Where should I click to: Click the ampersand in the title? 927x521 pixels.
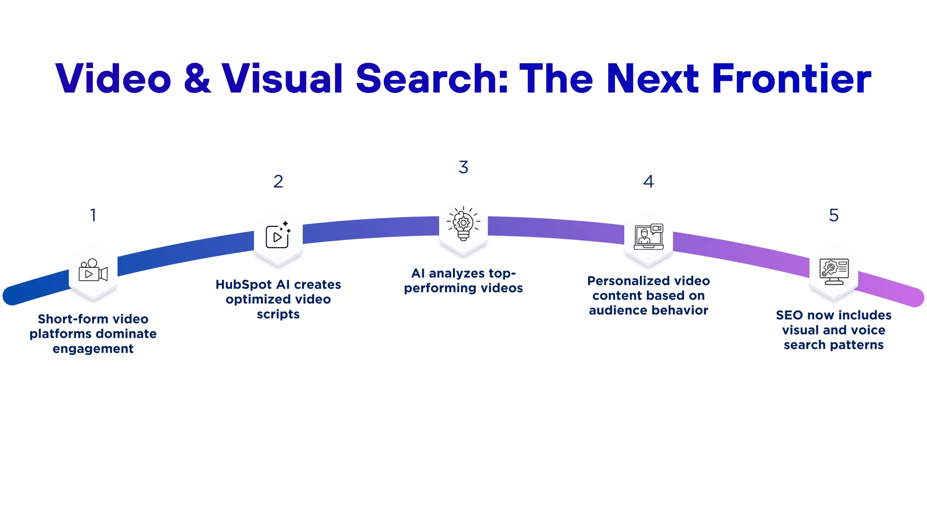(197, 79)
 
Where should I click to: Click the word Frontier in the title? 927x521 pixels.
(792, 79)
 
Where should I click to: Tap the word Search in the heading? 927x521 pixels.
(432, 79)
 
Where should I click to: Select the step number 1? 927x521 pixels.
(93, 215)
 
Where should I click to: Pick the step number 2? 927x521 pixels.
(278, 182)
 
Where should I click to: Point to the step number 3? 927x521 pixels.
(463, 167)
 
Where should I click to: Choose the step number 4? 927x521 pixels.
(649, 182)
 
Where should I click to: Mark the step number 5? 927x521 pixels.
(834, 215)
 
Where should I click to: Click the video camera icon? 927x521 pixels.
(93, 271)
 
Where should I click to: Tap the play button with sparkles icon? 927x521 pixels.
(278, 235)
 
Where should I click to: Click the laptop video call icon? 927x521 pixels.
(649, 237)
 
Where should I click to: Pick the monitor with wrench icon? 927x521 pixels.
(834, 271)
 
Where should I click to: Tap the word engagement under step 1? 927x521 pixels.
(93, 349)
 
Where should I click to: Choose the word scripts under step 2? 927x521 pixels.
(278, 314)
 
